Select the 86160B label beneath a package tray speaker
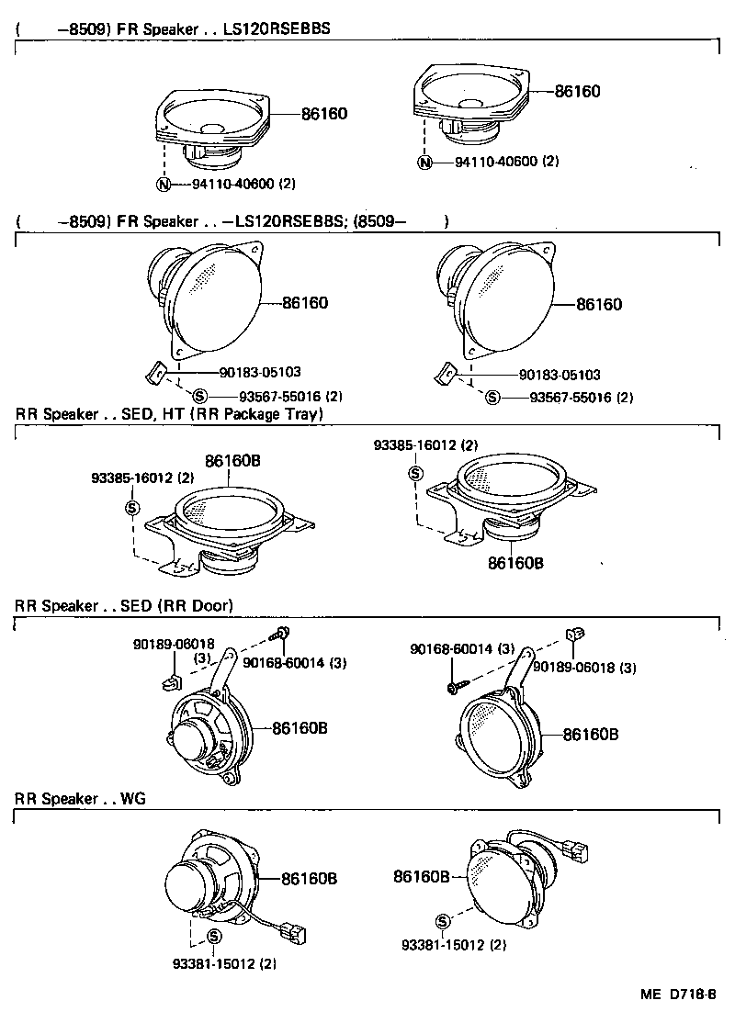point(515,562)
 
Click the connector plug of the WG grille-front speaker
point(580,854)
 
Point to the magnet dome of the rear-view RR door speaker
point(194,738)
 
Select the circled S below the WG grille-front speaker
point(443,921)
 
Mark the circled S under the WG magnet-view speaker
point(213,937)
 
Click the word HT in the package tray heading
point(175,414)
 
